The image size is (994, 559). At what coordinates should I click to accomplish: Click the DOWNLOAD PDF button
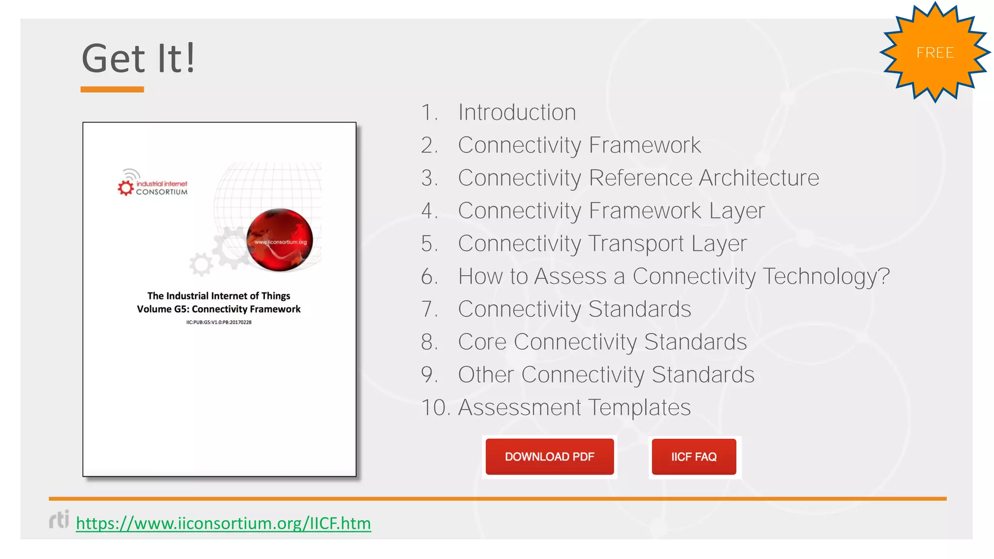(x=549, y=457)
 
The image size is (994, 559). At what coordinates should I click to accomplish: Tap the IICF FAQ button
(x=694, y=457)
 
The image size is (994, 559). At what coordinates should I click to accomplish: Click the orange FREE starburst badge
(x=935, y=52)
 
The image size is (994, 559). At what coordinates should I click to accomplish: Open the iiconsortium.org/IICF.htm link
(x=223, y=523)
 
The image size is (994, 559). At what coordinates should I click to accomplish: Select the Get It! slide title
(x=138, y=58)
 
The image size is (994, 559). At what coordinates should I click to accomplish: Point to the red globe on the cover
(x=280, y=240)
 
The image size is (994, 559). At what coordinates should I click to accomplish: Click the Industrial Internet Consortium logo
(x=152, y=184)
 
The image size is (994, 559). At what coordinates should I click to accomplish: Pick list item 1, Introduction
(x=517, y=113)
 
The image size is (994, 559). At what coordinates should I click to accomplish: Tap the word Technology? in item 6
(x=826, y=277)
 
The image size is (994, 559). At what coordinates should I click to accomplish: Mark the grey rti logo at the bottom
(x=59, y=519)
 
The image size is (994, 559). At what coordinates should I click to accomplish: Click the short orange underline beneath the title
(x=112, y=89)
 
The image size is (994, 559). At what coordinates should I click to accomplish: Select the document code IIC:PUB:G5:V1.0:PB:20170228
(x=219, y=322)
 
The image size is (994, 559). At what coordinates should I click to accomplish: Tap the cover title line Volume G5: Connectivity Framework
(x=219, y=309)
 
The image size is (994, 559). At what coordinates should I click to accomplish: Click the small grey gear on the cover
(x=201, y=264)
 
